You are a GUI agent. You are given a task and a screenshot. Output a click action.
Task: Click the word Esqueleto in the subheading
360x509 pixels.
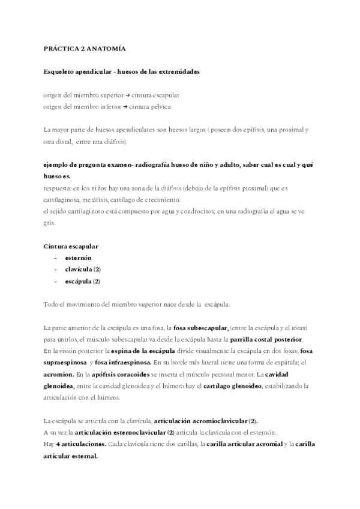59,71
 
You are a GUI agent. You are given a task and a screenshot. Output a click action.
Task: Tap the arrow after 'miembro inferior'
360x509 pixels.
124,107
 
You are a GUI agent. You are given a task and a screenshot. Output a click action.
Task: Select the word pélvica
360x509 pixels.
158,107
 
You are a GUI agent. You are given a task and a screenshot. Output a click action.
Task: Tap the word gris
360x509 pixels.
49,222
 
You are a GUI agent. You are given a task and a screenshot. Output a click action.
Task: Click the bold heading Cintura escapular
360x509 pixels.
71,246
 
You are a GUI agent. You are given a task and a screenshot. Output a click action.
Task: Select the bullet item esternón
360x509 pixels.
78,258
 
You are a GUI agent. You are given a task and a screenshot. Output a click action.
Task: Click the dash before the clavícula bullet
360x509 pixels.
55,270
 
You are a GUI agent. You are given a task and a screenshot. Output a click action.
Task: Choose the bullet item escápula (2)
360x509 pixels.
83,281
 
